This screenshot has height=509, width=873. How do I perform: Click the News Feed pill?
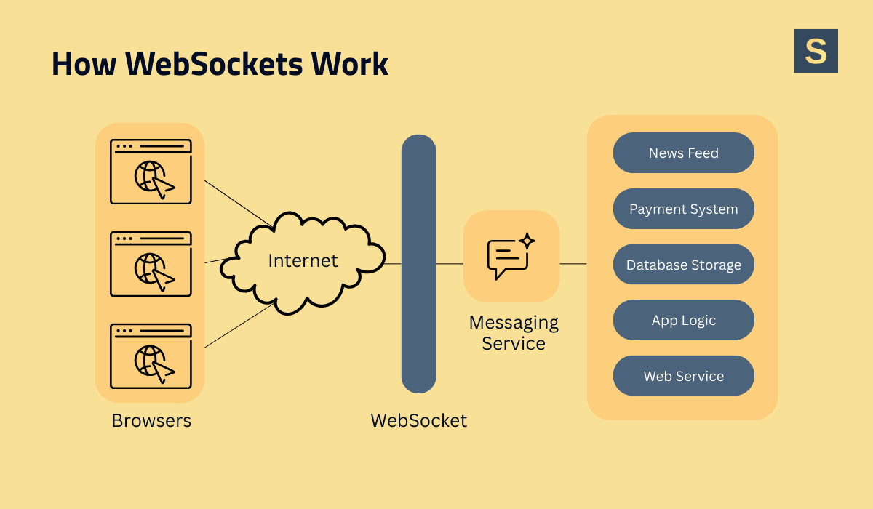[x=683, y=153]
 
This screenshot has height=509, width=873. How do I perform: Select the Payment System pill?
[x=683, y=209]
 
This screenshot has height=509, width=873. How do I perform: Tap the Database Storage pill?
[x=683, y=265]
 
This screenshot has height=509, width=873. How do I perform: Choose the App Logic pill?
[x=683, y=321]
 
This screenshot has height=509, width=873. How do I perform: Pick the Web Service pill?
[x=683, y=376]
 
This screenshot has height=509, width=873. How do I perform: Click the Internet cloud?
[x=303, y=261]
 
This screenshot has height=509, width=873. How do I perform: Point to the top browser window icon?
[x=151, y=172]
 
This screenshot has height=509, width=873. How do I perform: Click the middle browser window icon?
[x=151, y=264]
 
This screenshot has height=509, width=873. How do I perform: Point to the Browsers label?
[x=151, y=420]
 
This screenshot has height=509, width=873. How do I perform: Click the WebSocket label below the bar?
[x=418, y=420]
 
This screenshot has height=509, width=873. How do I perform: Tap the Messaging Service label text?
[x=514, y=332]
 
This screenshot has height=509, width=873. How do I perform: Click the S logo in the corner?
[x=816, y=51]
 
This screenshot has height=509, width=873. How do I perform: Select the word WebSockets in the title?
[x=214, y=65]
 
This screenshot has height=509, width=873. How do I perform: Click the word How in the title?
[x=84, y=65]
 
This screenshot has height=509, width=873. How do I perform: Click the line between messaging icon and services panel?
[x=573, y=264]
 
